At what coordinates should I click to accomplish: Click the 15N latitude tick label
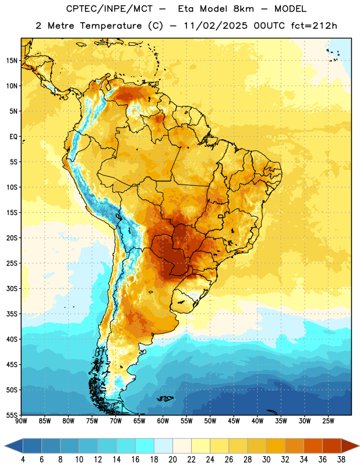click(x=12, y=61)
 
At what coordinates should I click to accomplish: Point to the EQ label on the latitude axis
click(x=13, y=137)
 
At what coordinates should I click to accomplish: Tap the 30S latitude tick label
click(x=12, y=288)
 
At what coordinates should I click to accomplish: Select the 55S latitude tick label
click(x=12, y=415)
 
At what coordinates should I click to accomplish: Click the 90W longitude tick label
click(x=21, y=421)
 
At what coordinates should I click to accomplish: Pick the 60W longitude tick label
click(x=163, y=421)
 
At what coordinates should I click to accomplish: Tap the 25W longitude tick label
click(x=328, y=421)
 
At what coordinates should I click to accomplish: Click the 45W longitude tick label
click(x=234, y=421)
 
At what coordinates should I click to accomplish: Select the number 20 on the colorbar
click(x=172, y=460)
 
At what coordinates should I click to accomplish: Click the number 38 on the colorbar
click(x=341, y=460)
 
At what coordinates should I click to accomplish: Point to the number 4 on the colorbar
click(x=23, y=460)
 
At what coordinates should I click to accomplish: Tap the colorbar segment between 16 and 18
click(x=145, y=446)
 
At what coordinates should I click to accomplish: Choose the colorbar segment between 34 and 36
click(x=313, y=446)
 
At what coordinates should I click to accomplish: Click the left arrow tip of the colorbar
click(x=5, y=446)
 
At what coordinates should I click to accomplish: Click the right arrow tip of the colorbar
click(x=359, y=446)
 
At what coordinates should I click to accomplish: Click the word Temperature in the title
click(x=111, y=26)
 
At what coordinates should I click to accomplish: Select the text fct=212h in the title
click(x=313, y=26)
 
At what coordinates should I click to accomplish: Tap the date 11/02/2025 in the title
click(x=215, y=26)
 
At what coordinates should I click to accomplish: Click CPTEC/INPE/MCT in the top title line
click(x=109, y=9)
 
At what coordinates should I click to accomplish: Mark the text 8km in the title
click(x=243, y=9)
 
